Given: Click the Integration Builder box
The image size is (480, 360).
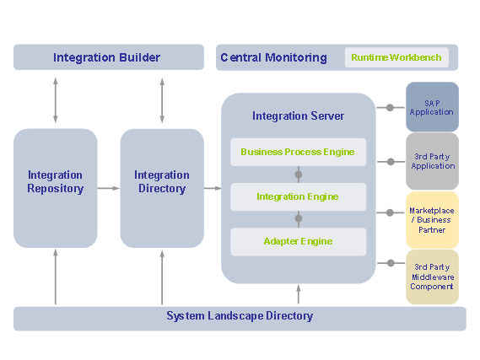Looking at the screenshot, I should tap(108, 57).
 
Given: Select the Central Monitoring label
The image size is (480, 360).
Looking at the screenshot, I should tap(273, 57).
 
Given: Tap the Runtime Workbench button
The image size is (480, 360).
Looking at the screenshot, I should tap(396, 57).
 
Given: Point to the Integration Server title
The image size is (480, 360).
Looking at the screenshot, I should tap(298, 116).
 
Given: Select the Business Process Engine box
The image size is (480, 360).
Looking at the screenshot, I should tap(298, 153).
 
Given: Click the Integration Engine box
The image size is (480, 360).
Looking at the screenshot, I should tap(298, 196).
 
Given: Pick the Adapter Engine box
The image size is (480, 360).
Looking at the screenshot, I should tap(298, 241).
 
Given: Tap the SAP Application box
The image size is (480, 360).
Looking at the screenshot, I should tap(432, 106).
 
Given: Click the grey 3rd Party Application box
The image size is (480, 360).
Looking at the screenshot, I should tap(432, 160).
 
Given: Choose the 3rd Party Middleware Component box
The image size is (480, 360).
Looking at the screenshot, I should tap(432, 276).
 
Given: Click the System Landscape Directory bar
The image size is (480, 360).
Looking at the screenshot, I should tap(240, 317).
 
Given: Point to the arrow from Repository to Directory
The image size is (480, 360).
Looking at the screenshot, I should tap(108, 188).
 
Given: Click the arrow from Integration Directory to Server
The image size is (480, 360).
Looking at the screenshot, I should tap(213, 188).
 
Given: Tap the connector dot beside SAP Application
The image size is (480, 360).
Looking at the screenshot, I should tap(391, 107).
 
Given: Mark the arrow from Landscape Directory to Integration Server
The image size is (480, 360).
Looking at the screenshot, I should tap(298, 294).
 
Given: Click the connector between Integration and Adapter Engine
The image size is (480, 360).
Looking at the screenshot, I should tap(298, 218).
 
